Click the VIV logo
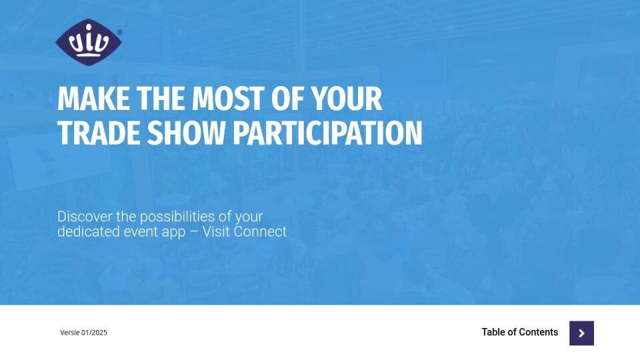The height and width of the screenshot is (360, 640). tap(89, 41)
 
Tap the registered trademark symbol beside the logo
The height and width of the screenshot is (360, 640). tap(119, 32)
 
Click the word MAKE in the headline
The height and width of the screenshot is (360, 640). tap(94, 99)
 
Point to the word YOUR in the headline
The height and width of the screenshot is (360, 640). tap(346, 99)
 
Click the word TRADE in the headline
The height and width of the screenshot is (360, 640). tap(99, 133)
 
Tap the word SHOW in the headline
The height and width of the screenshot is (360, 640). tap(186, 133)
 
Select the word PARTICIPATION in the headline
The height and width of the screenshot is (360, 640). tap(328, 133)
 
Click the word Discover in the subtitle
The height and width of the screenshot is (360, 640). tap(85, 216)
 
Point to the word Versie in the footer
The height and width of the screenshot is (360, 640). tap(70, 333)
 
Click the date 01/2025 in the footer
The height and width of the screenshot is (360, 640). tap(94, 333)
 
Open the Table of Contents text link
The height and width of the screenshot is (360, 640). tap(519, 332)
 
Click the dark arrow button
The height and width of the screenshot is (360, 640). tap(581, 333)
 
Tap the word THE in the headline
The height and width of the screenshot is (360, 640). tap(161, 99)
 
